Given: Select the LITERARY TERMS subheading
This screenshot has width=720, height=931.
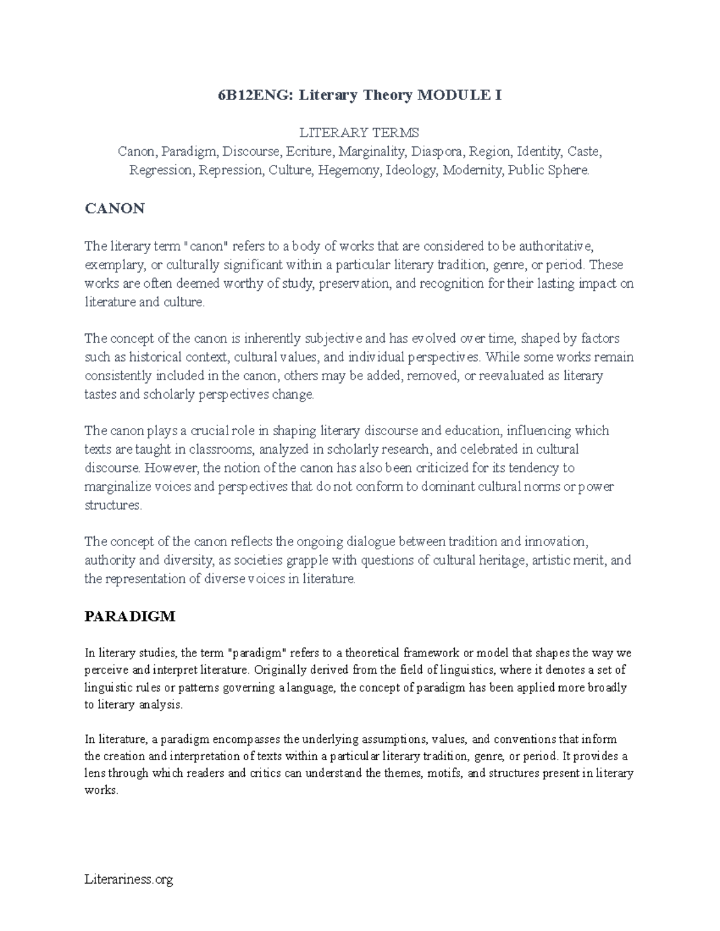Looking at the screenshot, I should tap(359, 132).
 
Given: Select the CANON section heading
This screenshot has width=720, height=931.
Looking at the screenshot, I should tap(115, 209).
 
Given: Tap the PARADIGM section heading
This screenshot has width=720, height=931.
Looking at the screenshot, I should tap(130, 616).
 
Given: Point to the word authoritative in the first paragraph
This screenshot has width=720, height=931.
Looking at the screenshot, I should tap(556, 246).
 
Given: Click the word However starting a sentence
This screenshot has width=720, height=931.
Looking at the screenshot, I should tap(169, 468).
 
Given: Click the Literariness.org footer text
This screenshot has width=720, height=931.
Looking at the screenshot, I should tap(129, 880).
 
